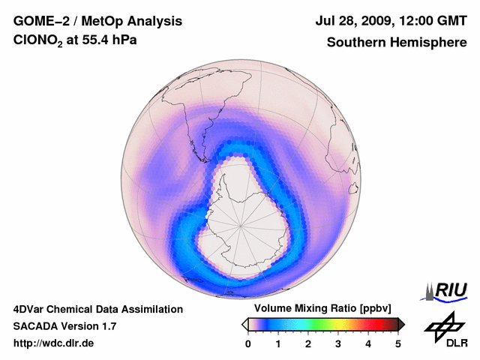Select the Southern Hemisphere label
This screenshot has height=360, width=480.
coord(397,42)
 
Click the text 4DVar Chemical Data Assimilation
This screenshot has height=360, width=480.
coord(97,309)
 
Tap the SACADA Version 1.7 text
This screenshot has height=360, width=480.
coord(64,326)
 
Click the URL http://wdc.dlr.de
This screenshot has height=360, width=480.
coord(53,343)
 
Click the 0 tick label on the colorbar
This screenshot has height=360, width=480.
coord(248,343)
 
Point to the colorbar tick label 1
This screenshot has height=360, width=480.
coord(278,343)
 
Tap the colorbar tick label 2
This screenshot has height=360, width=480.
coord(308,343)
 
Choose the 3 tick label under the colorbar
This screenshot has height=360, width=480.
coord(338,343)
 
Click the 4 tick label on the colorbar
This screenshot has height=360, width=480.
coord(368,343)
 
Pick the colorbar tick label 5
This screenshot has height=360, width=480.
coord(398,343)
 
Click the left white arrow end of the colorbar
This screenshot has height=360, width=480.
coord(244,324)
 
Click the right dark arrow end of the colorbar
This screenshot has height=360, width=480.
coord(402,324)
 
